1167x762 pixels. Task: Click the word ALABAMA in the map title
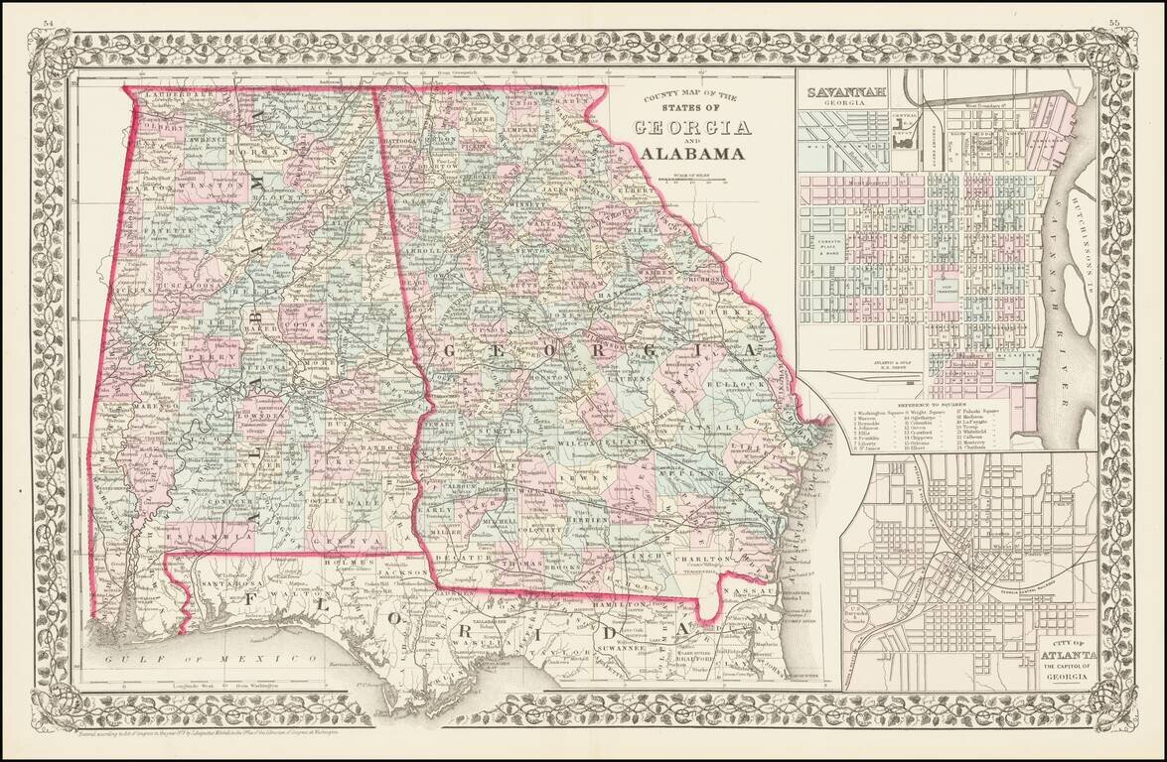coord(692,153)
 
